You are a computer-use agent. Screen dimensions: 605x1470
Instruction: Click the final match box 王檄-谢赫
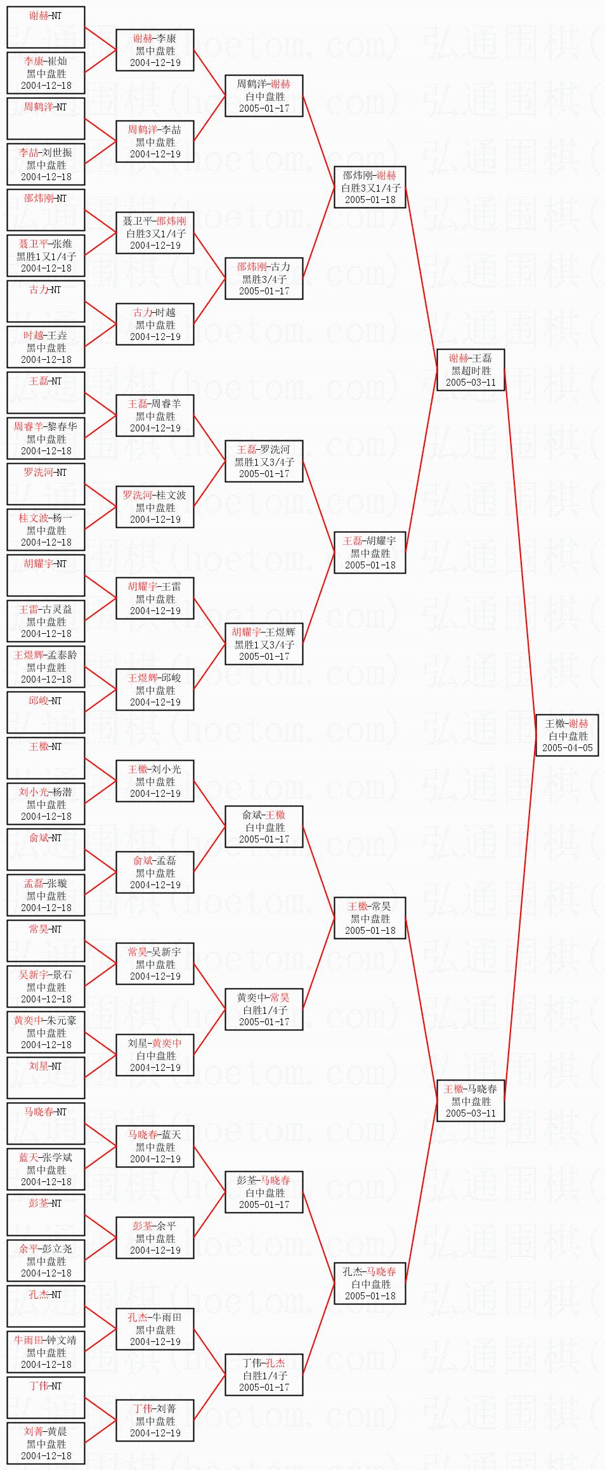point(567,735)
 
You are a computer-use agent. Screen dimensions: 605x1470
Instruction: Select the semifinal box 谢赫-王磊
point(470,370)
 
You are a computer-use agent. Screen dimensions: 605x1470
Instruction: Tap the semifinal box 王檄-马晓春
point(470,1101)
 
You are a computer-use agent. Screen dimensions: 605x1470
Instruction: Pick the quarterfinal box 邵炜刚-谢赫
point(370,187)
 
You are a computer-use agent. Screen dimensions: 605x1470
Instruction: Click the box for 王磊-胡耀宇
point(370,553)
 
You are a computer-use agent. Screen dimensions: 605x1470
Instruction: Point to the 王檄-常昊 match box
point(370,918)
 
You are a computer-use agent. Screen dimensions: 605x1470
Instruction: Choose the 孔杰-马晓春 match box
point(370,1283)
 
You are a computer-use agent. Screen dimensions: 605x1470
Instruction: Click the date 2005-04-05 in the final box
point(567,747)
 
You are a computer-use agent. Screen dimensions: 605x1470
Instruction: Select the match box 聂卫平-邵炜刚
point(155,233)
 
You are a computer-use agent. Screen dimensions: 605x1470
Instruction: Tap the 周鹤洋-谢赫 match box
point(264,96)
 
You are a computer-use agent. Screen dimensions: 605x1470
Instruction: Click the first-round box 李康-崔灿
point(46,73)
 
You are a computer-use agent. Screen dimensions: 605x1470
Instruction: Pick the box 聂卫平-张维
point(46,256)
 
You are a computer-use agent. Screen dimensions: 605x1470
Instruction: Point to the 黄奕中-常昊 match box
point(264,1009)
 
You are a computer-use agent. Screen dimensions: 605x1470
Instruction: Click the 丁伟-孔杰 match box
point(264,1375)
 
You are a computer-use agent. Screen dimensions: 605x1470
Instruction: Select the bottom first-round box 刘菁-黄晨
point(46,1443)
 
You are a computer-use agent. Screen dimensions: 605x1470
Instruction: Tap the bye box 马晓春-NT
point(46,1124)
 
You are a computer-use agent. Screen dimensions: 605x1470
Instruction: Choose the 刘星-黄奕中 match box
point(155,1055)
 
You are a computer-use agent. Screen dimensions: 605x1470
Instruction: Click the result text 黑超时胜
point(471,371)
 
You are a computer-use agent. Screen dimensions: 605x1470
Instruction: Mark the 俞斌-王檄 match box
point(264,827)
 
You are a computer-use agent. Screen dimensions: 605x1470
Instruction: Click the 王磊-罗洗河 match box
point(264,461)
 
